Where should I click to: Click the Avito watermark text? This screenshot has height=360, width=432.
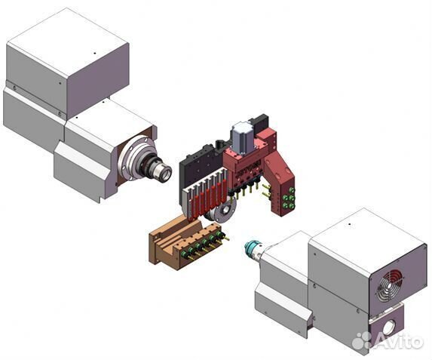point(399,340)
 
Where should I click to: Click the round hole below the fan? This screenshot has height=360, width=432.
point(388,328)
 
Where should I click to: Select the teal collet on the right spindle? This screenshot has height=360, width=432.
point(252,247)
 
